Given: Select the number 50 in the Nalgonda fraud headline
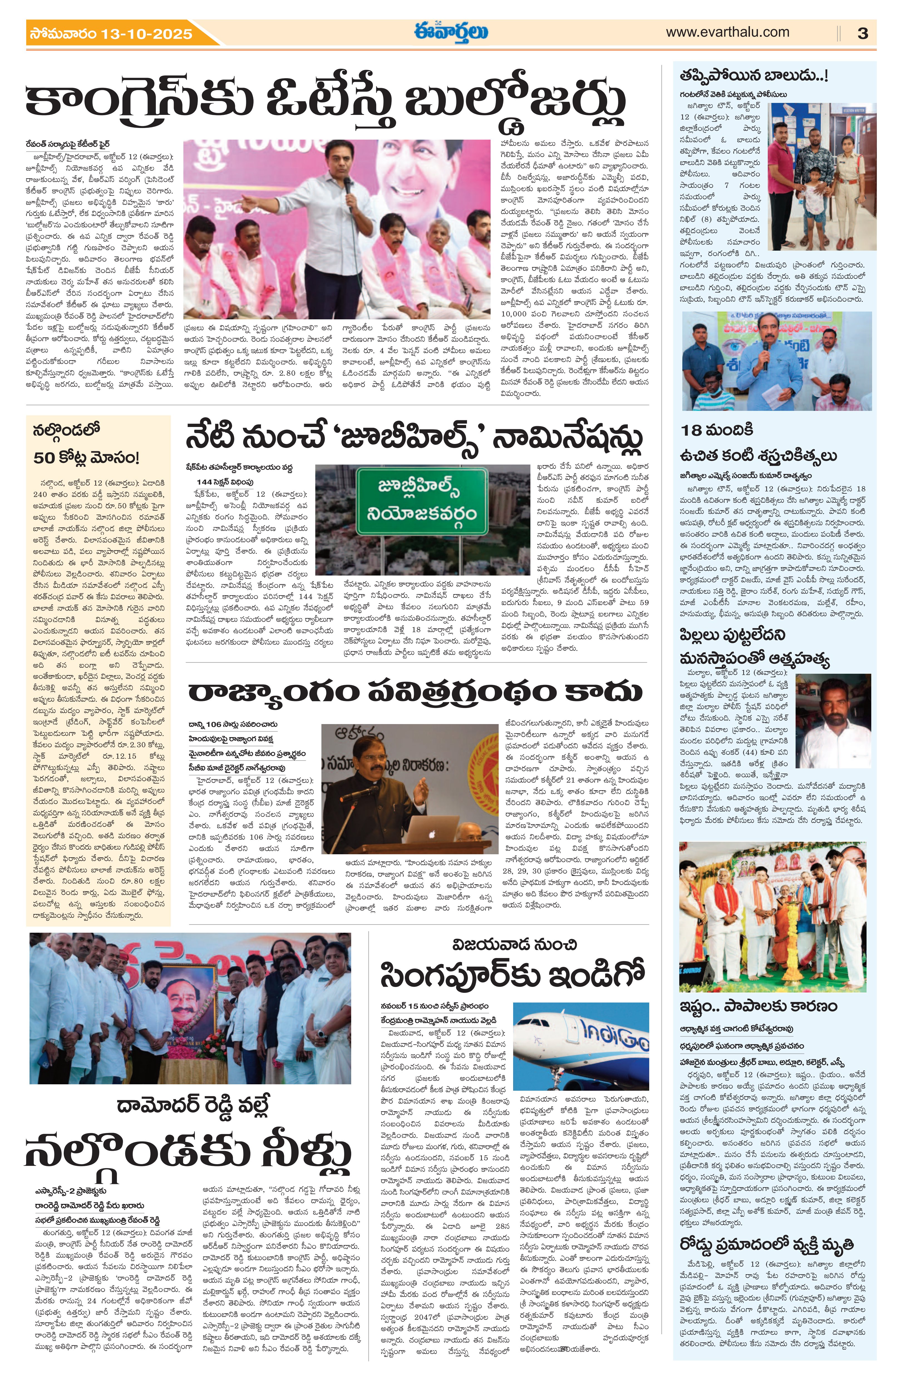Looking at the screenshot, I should [x=44, y=458].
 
